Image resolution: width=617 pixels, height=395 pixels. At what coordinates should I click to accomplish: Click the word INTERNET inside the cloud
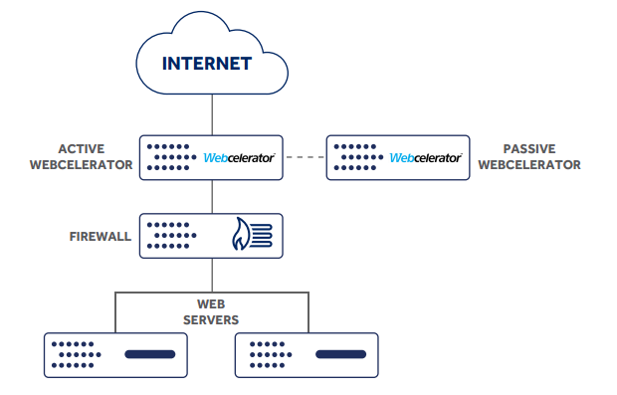208,65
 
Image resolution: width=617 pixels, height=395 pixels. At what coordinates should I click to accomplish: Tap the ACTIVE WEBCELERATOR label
82,157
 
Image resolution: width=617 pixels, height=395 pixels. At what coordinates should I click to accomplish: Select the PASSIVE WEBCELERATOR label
528,157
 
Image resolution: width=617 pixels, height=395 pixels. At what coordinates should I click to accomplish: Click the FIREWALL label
101,237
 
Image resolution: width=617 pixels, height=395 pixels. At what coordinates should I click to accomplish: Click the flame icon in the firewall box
243,236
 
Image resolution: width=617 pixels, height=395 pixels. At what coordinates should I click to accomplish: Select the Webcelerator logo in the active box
239,157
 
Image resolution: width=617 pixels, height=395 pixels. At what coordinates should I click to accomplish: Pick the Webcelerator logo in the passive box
425,157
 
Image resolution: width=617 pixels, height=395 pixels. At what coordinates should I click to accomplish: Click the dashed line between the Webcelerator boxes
305,157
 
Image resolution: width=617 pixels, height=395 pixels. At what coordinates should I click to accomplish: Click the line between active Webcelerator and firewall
210,196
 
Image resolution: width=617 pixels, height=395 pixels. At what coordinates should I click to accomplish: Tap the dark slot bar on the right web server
341,354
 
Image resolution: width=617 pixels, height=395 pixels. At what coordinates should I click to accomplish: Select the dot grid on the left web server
77,354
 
